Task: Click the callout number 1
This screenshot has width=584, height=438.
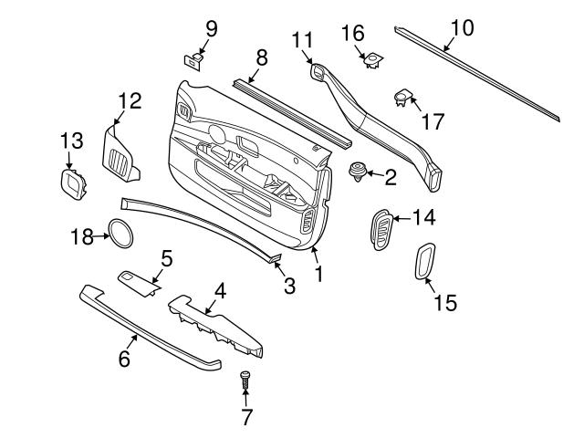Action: coord(319,273)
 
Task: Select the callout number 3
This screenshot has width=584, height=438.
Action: coord(288,286)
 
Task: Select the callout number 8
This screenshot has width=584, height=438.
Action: coord(261,58)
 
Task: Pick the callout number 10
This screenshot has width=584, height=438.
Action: coord(463,27)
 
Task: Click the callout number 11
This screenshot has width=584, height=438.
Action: coord(302,39)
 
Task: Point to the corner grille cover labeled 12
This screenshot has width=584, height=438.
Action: coord(119,151)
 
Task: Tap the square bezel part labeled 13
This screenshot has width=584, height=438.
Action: coord(72,183)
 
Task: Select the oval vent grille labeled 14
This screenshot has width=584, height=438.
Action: coord(381,227)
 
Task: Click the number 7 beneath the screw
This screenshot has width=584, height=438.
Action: coord(245,418)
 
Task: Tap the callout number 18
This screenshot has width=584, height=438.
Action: coord(82,237)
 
